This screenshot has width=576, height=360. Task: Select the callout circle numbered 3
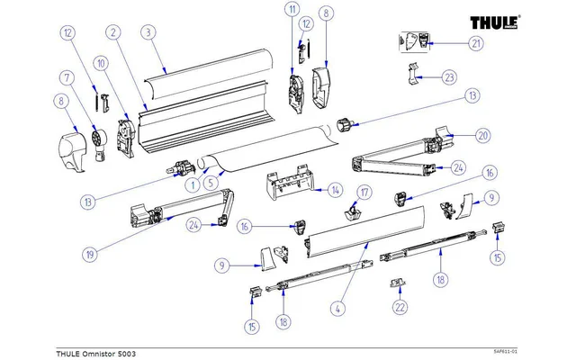[x=146, y=33]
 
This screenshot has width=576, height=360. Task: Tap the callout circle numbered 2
[x=112, y=33]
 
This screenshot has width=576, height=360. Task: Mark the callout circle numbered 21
[x=475, y=44]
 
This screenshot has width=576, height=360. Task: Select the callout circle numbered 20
[x=482, y=136]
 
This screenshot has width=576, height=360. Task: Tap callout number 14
[x=335, y=190]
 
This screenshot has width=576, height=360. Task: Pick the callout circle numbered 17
[x=364, y=193]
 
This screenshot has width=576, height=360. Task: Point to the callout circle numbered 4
[x=338, y=309]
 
